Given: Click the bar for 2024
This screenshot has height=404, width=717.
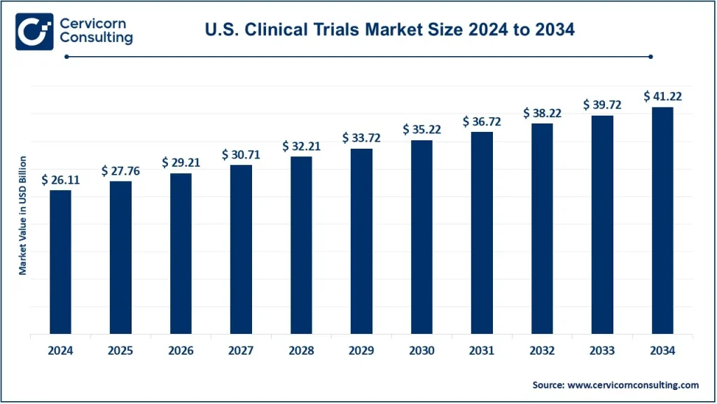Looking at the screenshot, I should pyautogui.click(x=60, y=262).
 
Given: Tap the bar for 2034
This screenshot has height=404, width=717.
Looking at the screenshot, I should pyautogui.click(x=662, y=220).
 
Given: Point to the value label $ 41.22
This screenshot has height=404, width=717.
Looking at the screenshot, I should pyautogui.click(x=662, y=97).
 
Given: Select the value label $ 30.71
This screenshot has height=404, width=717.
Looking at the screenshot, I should pyautogui.click(x=241, y=154).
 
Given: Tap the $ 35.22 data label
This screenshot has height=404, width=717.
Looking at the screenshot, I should pyautogui.click(x=422, y=130).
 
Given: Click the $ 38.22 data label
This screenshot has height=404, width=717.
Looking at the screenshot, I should pyautogui.click(x=542, y=113).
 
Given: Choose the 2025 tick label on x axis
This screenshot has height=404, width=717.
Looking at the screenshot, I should pyautogui.click(x=120, y=351).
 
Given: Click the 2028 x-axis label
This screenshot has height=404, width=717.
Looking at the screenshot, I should pyautogui.click(x=301, y=351).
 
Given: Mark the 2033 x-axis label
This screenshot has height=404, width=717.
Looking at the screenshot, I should pyautogui.click(x=602, y=351).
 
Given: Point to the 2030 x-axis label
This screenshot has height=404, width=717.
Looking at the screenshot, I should pyautogui.click(x=422, y=351).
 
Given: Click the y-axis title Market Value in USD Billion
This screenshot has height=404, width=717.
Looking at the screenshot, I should pyautogui.click(x=22, y=216).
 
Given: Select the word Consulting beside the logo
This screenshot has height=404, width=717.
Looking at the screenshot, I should pyautogui.click(x=96, y=38).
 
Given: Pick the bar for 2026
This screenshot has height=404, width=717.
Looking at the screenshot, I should pyautogui.click(x=181, y=253).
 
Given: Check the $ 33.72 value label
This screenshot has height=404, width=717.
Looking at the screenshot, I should pyautogui.click(x=361, y=138).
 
